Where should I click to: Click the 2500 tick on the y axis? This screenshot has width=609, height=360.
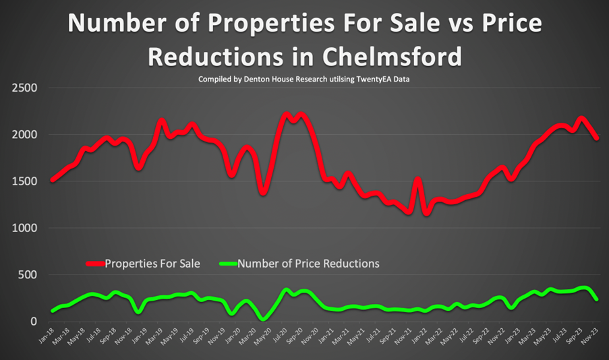24,88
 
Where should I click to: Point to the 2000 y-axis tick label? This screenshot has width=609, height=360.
24,135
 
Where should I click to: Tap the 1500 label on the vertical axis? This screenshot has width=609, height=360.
24,181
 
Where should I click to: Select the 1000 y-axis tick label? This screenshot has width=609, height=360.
24,229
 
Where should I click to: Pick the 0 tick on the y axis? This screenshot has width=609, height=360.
34,322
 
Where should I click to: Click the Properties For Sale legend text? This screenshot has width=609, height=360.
152,264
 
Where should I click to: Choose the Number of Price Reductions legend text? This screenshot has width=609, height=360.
309,264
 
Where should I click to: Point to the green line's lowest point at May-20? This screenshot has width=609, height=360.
264,319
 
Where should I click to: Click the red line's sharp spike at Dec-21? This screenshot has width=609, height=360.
417,179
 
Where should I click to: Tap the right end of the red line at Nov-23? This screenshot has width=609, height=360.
596,138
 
